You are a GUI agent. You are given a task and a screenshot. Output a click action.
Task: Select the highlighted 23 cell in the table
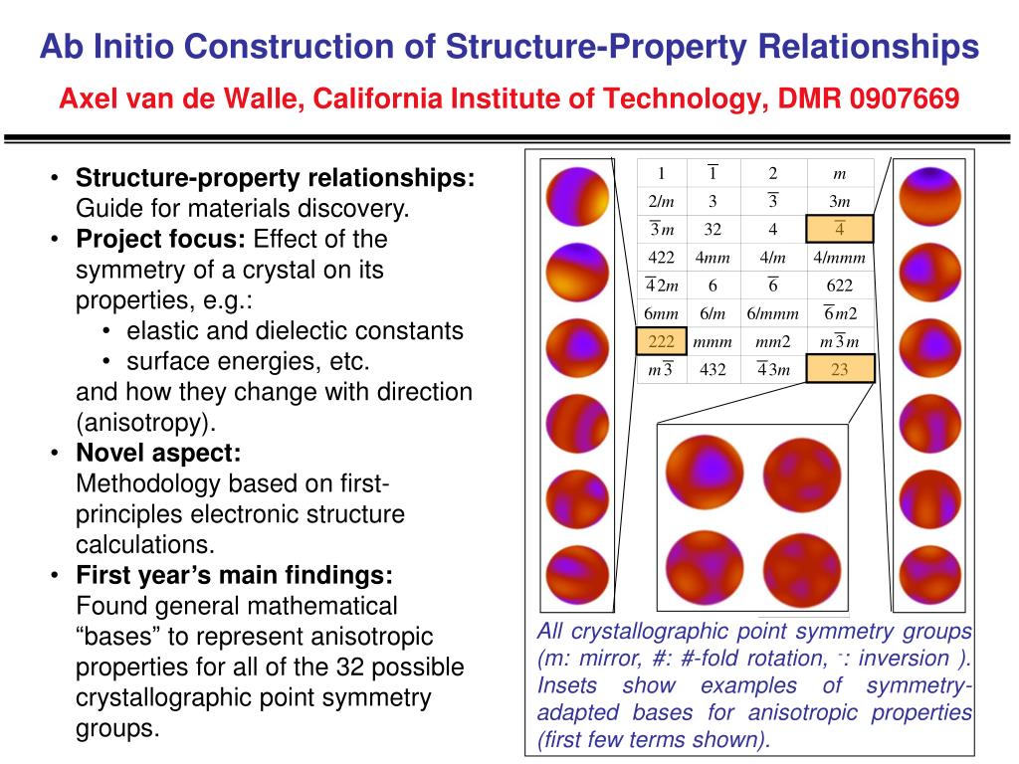[840, 370]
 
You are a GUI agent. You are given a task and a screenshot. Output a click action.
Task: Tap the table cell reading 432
[713, 370]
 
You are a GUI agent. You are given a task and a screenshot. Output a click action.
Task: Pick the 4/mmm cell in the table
[840, 258]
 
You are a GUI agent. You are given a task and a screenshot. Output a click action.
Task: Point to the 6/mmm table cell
[772, 313]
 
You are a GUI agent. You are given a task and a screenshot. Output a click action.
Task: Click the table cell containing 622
[840, 286]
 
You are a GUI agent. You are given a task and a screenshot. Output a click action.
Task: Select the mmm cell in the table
[713, 342]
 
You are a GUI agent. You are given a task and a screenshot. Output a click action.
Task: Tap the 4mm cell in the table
[713, 258]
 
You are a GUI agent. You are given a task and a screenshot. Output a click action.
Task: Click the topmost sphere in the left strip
[570, 194]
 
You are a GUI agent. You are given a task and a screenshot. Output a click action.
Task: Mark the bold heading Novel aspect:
[158, 453]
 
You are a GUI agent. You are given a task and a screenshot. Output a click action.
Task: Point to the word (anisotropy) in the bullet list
[145, 422]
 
